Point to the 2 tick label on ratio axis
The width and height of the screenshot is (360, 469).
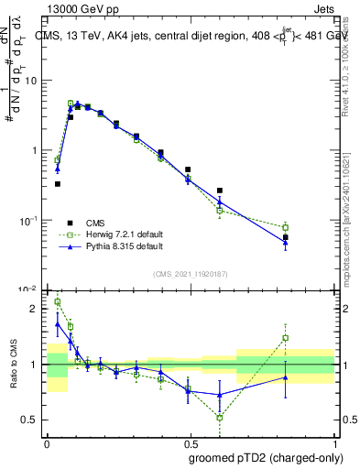[35, 309]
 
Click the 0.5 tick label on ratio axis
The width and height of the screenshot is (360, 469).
[30, 420]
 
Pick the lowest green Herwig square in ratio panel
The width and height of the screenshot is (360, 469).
[220, 417]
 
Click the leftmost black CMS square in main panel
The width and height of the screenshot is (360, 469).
[58, 184]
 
